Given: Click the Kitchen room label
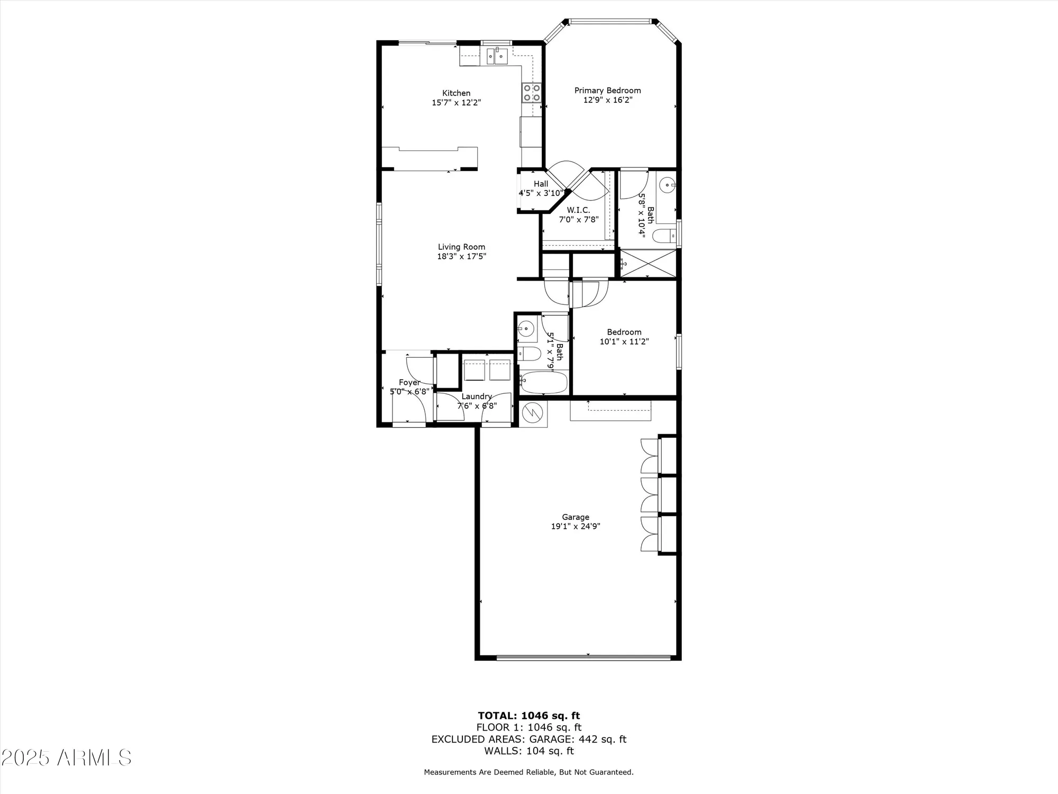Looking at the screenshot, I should [x=456, y=93].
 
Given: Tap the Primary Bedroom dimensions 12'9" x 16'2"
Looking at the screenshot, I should [x=608, y=100].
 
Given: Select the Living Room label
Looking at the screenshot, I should [x=461, y=247].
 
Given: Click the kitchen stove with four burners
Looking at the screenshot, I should [x=532, y=93].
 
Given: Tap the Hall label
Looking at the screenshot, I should [x=541, y=184].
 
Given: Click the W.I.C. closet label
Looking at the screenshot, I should [x=578, y=210].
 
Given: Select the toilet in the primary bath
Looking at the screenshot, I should [x=664, y=236].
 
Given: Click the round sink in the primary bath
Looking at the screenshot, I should [x=669, y=185].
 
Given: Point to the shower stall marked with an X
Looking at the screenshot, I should [x=648, y=263].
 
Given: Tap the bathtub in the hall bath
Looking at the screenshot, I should [x=544, y=382].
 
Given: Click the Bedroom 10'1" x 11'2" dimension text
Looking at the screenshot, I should [x=624, y=341].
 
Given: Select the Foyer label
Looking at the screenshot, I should [x=409, y=382].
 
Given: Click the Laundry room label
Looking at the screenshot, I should [x=477, y=396].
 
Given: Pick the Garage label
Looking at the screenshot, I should [x=576, y=517].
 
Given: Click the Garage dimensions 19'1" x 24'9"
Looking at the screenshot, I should [x=576, y=526].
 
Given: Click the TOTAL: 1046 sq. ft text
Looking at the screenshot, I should [x=529, y=716].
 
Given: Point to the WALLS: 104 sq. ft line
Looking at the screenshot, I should [x=529, y=751].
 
